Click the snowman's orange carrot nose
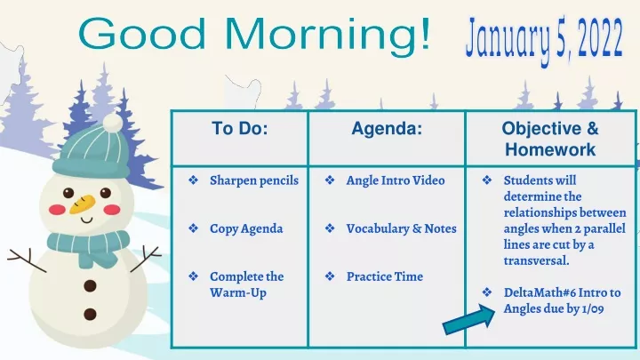[82, 204]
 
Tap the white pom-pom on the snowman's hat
[113, 123]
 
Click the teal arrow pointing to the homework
[469, 320]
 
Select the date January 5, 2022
[544, 38]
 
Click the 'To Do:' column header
[240, 129]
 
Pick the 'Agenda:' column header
[387, 129]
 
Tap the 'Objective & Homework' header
[550, 139]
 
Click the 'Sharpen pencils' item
[254, 180]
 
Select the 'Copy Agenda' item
[246, 228]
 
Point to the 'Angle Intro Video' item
[396, 180]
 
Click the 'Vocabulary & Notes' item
[401, 228]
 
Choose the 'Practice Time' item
[385, 276]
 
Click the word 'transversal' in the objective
[535, 260]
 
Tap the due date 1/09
[593, 308]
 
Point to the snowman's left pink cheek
[57, 210]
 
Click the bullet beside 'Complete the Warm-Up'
[193, 276]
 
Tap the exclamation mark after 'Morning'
[426, 34]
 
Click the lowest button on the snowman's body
[90, 315]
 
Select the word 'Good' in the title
[141, 34]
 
